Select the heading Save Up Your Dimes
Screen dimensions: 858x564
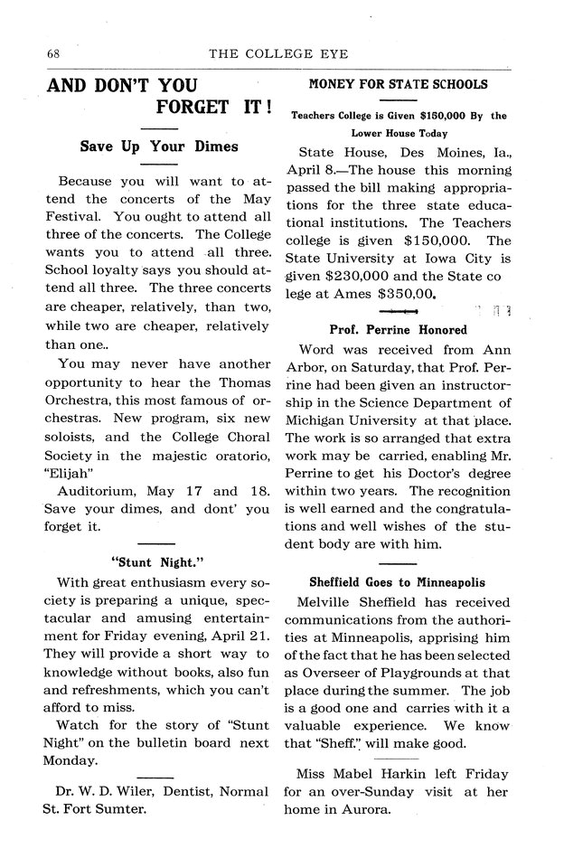coord(159,146)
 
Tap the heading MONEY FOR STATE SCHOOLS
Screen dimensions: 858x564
coord(399,84)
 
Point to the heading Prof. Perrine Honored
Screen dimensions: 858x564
coord(398,330)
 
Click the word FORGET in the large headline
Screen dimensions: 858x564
coord(192,107)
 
